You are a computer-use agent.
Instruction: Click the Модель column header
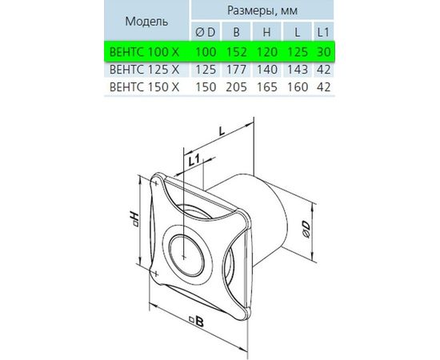click(x=146, y=22)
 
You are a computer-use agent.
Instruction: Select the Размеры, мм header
click(x=262, y=10)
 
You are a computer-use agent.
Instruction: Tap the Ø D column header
click(x=205, y=32)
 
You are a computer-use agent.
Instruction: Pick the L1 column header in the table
click(x=323, y=32)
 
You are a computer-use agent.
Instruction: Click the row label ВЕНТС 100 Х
click(x=144, y=52)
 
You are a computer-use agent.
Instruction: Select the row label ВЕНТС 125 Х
click(x=144, y=70)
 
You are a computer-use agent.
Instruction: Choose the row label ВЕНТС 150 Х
click(x=144, y=86)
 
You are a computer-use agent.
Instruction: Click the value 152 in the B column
click(x=236, y=52)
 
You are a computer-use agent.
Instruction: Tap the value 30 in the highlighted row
click(x=323, y=52)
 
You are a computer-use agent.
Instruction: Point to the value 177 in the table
click(x=236, y=70)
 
